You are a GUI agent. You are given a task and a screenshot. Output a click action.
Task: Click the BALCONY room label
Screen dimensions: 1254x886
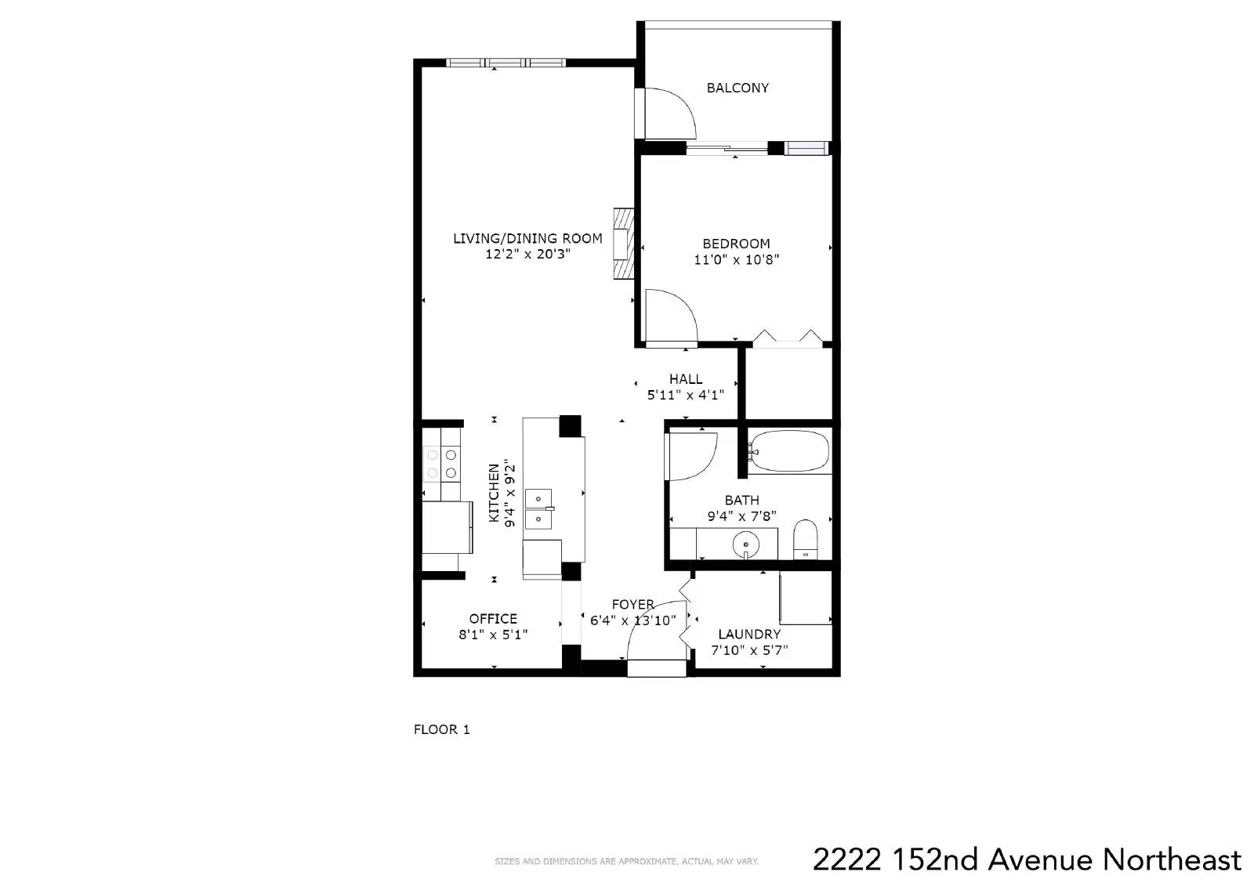click(738, 88)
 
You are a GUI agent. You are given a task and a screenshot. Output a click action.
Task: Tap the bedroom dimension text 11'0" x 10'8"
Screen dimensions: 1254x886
click(736, 260)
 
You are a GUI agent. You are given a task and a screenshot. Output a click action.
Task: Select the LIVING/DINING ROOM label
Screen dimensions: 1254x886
click(527, 238)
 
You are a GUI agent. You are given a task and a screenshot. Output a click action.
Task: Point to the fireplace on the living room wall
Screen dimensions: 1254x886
click(624, 244)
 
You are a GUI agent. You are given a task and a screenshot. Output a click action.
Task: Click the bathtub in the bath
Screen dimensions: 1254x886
click(789, 450)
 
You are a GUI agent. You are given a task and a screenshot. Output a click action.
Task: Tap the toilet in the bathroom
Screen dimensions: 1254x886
click(806, 539)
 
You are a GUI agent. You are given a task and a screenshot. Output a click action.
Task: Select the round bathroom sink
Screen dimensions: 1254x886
click(745, 543)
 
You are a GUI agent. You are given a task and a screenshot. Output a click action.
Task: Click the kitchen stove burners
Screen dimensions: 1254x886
click(442, 464)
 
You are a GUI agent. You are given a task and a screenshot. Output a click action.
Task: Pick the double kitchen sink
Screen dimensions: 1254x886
click(538, 508)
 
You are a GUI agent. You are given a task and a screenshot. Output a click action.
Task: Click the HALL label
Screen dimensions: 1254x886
click(685, 379)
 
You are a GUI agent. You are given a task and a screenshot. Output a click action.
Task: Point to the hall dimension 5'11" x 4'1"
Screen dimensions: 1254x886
click(685, 395)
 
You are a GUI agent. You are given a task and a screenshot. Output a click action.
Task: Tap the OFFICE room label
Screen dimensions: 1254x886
click(493, 618)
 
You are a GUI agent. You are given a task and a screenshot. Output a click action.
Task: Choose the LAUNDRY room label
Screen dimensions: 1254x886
click(749, 634)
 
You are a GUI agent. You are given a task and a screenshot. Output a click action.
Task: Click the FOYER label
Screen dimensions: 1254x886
click(632, 605)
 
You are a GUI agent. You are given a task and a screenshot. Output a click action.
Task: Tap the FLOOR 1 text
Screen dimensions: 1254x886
click(442, 729)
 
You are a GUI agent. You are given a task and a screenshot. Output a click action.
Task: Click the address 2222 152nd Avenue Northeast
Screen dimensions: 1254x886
click(1027, 859)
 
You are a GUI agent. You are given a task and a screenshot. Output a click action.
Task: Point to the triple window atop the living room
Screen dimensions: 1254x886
click(506, 63)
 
